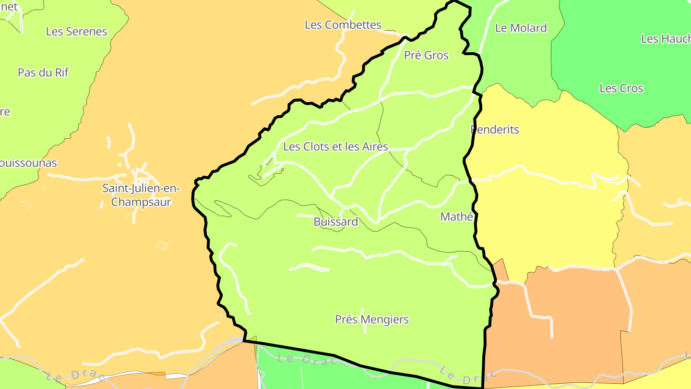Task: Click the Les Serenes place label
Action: (x=77, y=32)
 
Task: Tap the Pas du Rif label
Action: (x=43, y=73)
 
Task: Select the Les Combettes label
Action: (x=343, y=25)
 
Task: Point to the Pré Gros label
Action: (x=426, y=55)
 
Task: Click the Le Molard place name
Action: (x=521, y=28)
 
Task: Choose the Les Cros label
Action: (x=621, y=88)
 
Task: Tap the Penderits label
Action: (x=495, y=130)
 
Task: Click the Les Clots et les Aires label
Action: (x=335, y=146)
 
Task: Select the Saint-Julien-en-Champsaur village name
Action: (x=141, y=195)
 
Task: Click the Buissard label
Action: (x=336, y=222)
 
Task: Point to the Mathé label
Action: (x=457, y=217)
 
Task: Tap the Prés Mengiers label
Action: (x=372, y=319)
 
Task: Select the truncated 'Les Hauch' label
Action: (x=666, y=39)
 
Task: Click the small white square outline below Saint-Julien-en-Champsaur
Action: (x=163, y=245)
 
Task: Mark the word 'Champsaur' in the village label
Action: (x=141, y=202)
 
